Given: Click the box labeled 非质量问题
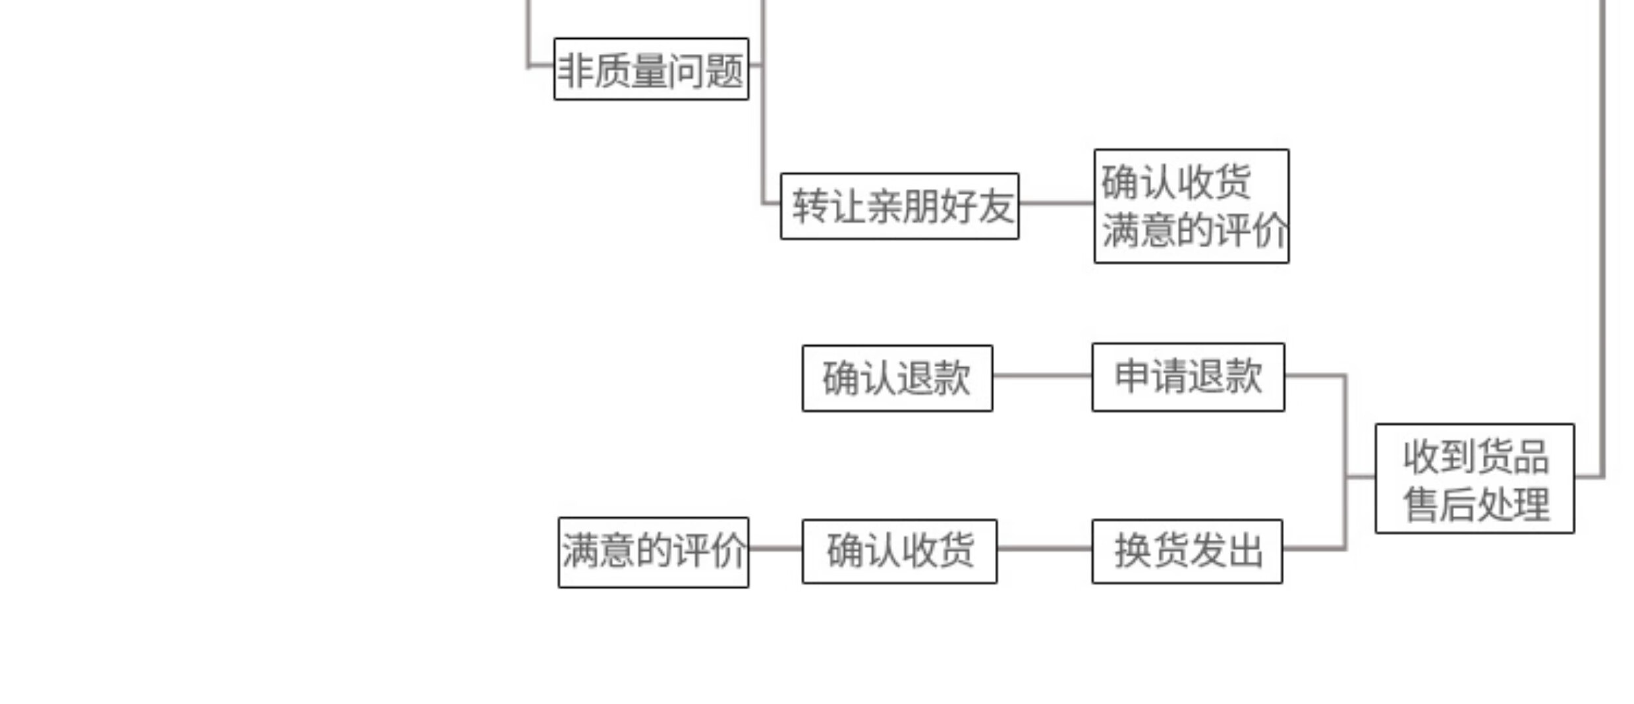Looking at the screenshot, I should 651,69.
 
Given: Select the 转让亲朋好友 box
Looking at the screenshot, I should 899,206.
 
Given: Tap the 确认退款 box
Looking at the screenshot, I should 897,378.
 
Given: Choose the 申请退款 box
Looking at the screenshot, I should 1188,377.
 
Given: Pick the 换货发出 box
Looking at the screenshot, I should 1187,551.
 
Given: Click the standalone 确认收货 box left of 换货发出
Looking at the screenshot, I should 899,551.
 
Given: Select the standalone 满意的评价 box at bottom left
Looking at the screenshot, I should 653,552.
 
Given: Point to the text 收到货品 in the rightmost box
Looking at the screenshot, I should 1475,457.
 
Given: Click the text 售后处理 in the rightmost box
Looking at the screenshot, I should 1475,504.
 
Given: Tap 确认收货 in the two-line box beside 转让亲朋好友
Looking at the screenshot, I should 1176,181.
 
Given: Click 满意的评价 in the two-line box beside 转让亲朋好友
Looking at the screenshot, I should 1193,231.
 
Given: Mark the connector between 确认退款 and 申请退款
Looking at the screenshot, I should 1042,376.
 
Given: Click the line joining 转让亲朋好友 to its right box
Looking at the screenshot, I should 1056,203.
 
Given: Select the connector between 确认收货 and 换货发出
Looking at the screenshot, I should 1044,548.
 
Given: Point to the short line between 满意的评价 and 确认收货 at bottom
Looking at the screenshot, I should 775,548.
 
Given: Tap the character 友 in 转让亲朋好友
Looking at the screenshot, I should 995,206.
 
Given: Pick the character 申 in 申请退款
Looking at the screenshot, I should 1132,376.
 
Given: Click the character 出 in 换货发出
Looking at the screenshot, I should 1245,551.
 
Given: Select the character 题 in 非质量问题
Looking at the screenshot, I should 725,71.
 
